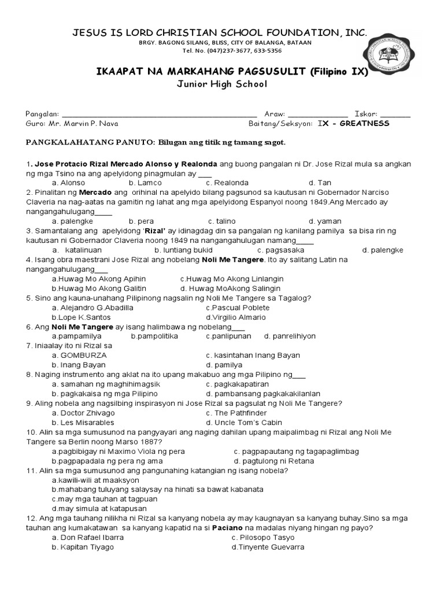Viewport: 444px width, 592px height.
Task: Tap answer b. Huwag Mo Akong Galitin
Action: click(x=99, y=288)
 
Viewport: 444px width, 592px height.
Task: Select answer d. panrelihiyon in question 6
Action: click(x=290, y=336)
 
